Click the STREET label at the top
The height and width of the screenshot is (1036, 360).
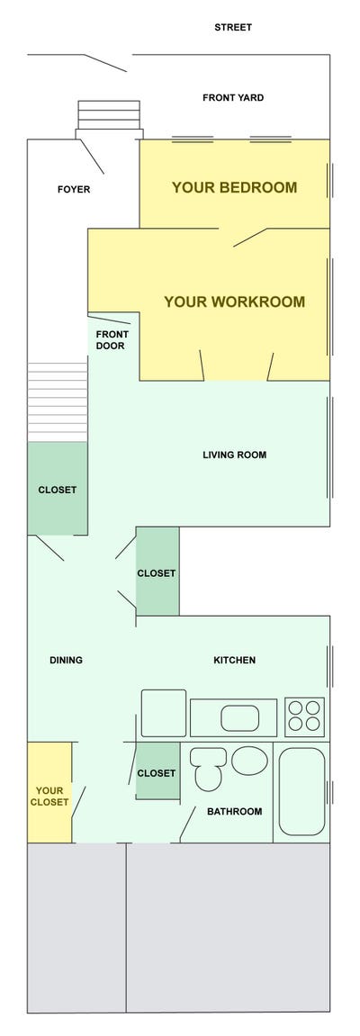pos(233,27)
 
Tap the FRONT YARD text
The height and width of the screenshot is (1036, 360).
pos(233,97)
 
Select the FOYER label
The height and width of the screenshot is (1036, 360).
pos(74,190)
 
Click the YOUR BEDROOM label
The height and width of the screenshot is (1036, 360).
pos(234,187)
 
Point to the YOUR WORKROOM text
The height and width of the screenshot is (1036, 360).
pos(234,302)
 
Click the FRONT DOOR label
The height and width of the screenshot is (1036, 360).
pos(111,340)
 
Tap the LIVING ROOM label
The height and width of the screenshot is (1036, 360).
pos(234,455)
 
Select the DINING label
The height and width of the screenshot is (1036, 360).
pos(66,660)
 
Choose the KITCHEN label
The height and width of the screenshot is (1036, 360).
pos(234,660)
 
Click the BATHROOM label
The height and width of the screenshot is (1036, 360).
pos(234,811)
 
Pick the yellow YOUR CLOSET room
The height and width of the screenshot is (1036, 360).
pos(49,793)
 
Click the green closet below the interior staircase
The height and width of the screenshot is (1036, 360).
pos(57,489)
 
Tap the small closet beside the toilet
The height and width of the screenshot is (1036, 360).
pos(157,772)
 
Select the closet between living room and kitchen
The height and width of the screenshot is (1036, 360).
pos(157,572)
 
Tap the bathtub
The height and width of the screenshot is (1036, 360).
pos(301,791)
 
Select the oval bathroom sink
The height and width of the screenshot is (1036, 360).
pos(249,760)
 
